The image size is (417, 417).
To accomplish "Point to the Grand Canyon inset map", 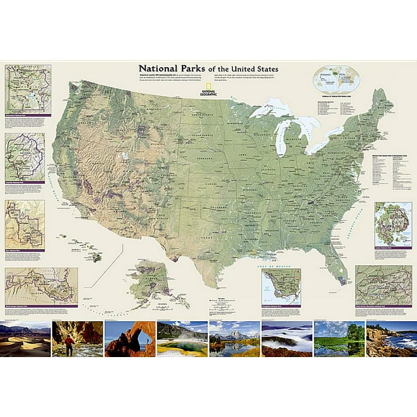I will click(40, 285).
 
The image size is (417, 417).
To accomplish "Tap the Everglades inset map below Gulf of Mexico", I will click(281, 287).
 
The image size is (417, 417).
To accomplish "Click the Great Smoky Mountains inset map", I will click(383, 284).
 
